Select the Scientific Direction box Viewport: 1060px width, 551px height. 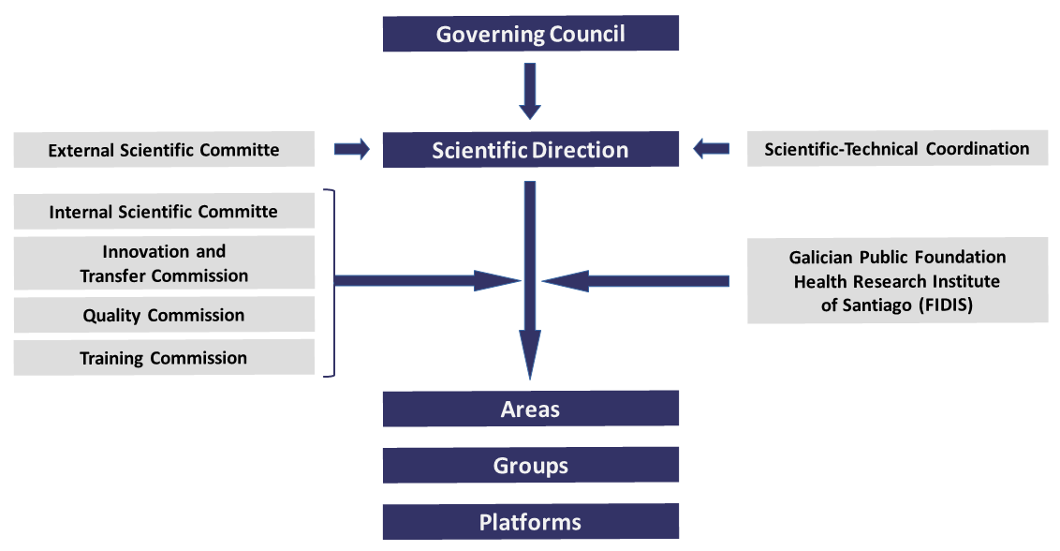pyautogui.click(x=530, y=150)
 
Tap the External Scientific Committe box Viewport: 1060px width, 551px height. pyautogui.click(x=164, y=150)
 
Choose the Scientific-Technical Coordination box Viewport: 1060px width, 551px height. pyautogui.click(x=896, y=149)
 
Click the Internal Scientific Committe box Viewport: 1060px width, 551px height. pyautogui.click(x=164, y=212)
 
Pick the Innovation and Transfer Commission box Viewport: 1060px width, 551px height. pyautogui.click(x=164, y=263)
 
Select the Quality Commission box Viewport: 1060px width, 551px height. pyautogui.click(x=164, y=316)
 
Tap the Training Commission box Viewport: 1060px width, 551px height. pyautogui.click(x=164, y=358)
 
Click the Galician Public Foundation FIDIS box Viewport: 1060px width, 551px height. pyautogui.click(x=896, y=281)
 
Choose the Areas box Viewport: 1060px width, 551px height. pyautogui.click(x=530, y=410)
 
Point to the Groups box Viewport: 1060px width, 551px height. pyautogui.click(x=530, y=466)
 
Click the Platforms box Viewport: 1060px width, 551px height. pyautogui.click(x=530, y=522)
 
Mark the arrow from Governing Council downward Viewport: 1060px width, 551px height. pyautogui.click(x=530, y=91)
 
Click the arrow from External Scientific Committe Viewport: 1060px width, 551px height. pyautogui.click(x=352, y=149)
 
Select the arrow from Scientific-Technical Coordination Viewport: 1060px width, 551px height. pyautogui.click(x=711, y=148)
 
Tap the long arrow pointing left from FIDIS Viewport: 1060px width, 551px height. pyautogui.click(x=637, y=279)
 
